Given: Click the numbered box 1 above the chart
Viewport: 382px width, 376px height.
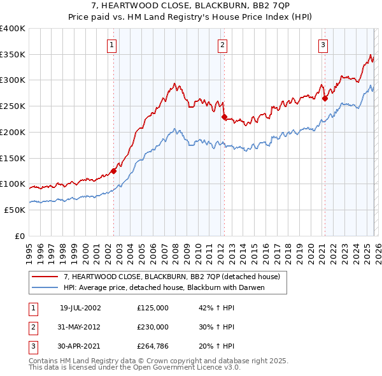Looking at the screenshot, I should pyautogui.click(x=111, y=45).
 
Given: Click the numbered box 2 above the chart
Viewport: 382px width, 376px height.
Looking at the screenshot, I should pyautogui.click(x=222, y=45).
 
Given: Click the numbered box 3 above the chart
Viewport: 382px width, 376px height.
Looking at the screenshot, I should pyautogui.click(x=323, y=45).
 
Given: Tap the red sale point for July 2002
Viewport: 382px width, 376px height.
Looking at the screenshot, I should pyautogui.click(x=114, y=170).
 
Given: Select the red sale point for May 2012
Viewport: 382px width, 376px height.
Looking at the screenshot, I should pyautogui.click(x=224, y=117).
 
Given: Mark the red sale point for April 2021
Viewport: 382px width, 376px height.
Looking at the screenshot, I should pyautogui.click(x=325, y=98).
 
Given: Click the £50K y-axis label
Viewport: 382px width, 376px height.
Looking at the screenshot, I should pyautogui.click(x=15, y=210).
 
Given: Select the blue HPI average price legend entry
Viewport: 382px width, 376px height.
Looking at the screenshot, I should pyautogui.click(x=164, y=287).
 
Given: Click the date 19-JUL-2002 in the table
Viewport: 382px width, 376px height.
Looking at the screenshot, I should pyautogui.click(x=80, y=307).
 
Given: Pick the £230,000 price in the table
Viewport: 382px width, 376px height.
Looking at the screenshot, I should pyautogui.click(x=153, y=327).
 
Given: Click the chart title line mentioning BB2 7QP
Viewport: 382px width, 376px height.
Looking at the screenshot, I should pyautogui.click(x=190, y=5).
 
